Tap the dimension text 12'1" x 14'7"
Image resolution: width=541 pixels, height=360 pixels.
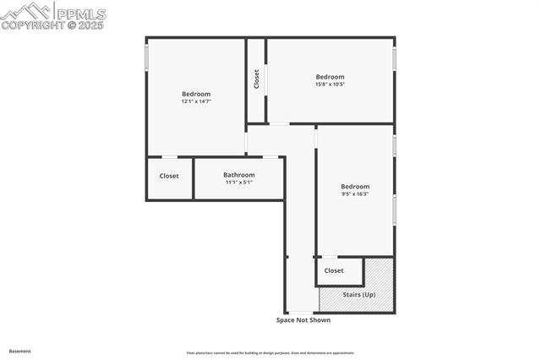pos(195,101)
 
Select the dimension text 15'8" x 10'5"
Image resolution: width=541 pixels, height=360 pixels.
pos(330,84)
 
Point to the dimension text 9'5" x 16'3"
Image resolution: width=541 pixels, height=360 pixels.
pos(355,194)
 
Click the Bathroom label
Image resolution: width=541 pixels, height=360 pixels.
pos(239,175)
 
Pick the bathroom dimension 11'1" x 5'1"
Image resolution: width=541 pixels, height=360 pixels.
pos(239,183)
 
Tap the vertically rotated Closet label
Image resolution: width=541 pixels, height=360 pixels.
pos(256,79)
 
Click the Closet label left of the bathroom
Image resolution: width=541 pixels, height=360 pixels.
pos(169,176)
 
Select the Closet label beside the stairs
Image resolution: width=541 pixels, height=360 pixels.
pos(334,270)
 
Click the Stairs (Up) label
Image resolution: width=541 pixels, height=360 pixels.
pos(359,294)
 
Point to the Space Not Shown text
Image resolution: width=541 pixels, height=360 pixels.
pos(303,320)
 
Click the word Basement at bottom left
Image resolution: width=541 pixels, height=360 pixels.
pos(19,351)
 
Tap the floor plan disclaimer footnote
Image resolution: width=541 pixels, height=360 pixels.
pos(270,353)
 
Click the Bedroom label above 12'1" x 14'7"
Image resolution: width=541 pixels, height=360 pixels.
pos(195,94)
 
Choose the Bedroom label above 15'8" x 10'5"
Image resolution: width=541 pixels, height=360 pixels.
pos(330,77)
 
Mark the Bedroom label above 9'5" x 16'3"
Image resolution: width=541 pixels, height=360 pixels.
pos(355,187)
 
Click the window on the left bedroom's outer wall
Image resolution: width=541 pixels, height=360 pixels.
pos(146,57)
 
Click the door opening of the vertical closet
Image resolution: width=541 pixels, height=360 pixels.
pos(266,80)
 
